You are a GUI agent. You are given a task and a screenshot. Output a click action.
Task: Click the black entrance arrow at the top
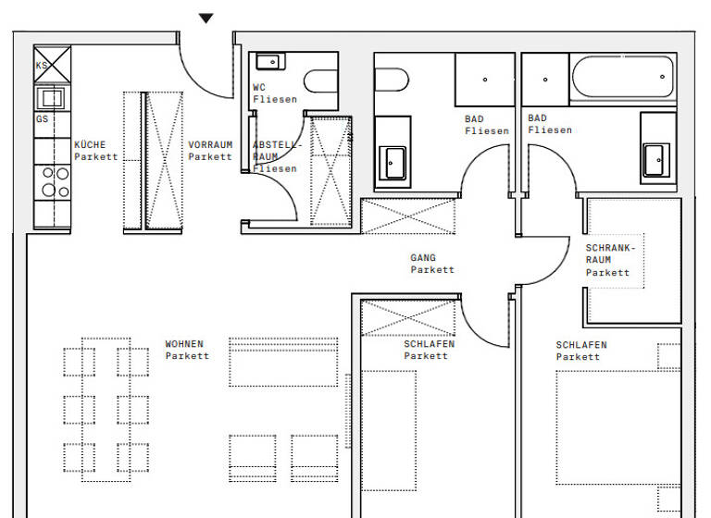point(206,18)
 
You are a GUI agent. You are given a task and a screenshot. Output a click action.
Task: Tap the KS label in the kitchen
point(42,66)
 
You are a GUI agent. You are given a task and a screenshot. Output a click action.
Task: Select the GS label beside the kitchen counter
point(42,119)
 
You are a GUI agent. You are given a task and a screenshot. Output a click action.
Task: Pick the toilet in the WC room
point(320,83)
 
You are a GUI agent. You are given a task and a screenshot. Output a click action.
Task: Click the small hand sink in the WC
point(268,62)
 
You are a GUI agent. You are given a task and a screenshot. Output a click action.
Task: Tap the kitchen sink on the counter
point(50,97)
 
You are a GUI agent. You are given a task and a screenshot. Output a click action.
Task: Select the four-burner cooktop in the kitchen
point(52,180)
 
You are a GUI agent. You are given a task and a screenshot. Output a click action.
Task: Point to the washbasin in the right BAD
point(658,158)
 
